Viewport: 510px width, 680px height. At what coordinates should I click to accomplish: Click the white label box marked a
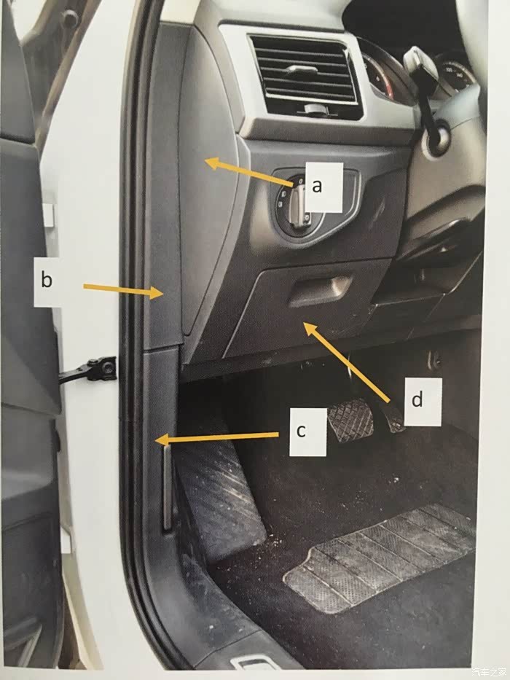(x=324, y=187)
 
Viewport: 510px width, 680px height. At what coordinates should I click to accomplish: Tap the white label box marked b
(x=47, y=281)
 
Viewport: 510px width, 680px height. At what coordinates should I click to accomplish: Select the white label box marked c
(x=308, y=431)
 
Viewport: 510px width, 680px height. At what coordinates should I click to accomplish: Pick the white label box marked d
(x=423, y=401)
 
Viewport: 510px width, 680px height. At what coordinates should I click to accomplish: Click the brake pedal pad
(x=350, y=421)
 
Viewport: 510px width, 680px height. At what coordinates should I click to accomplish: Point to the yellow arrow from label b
(x=122, y=291)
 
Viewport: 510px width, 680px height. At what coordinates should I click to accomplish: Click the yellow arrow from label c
(x=217, y=438)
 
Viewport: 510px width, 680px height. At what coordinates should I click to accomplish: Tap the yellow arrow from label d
(x=346, y=361)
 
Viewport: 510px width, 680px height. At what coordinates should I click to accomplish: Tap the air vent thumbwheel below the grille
(x=315, y=109)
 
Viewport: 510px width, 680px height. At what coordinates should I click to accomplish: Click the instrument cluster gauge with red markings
(x=381, y=78)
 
